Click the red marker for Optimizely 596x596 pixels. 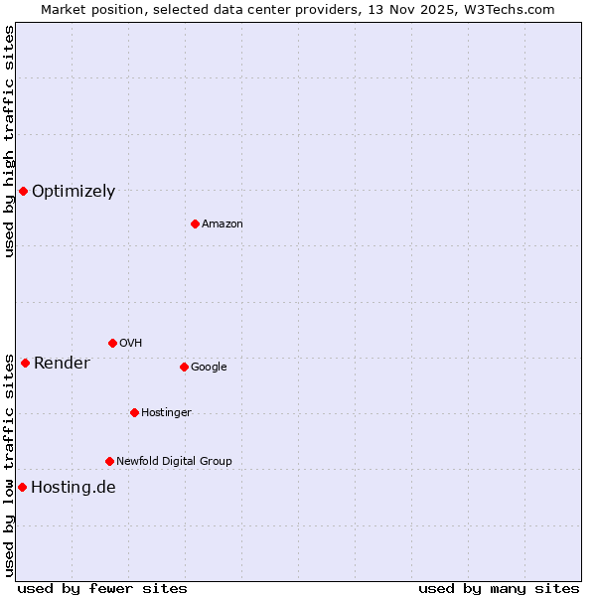tap(23, 191)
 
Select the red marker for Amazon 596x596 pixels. tap(195, 223)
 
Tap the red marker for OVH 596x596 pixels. tap(112, 343)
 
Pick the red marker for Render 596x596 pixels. tap(25, 363)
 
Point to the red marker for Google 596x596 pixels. tap(184, 367)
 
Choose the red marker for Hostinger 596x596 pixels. tap(134, 412)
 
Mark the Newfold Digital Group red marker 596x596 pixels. tap(109, 461)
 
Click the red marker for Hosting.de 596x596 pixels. tap(22, 487)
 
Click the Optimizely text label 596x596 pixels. tap(74, 192)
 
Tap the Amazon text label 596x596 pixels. tap(223, 224)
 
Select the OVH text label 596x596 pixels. tap(131, 344)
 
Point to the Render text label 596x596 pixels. tap(62, 364)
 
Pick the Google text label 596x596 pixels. tap(209, 368)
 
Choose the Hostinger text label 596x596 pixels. tap(166, 413)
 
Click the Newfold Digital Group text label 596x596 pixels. tap(174, 462)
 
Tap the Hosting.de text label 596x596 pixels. tap(74, 488)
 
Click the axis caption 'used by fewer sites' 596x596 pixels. tap(102, 588)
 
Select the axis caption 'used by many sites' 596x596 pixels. tap(499, 588)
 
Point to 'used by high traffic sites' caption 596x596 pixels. tap(9, 141)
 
